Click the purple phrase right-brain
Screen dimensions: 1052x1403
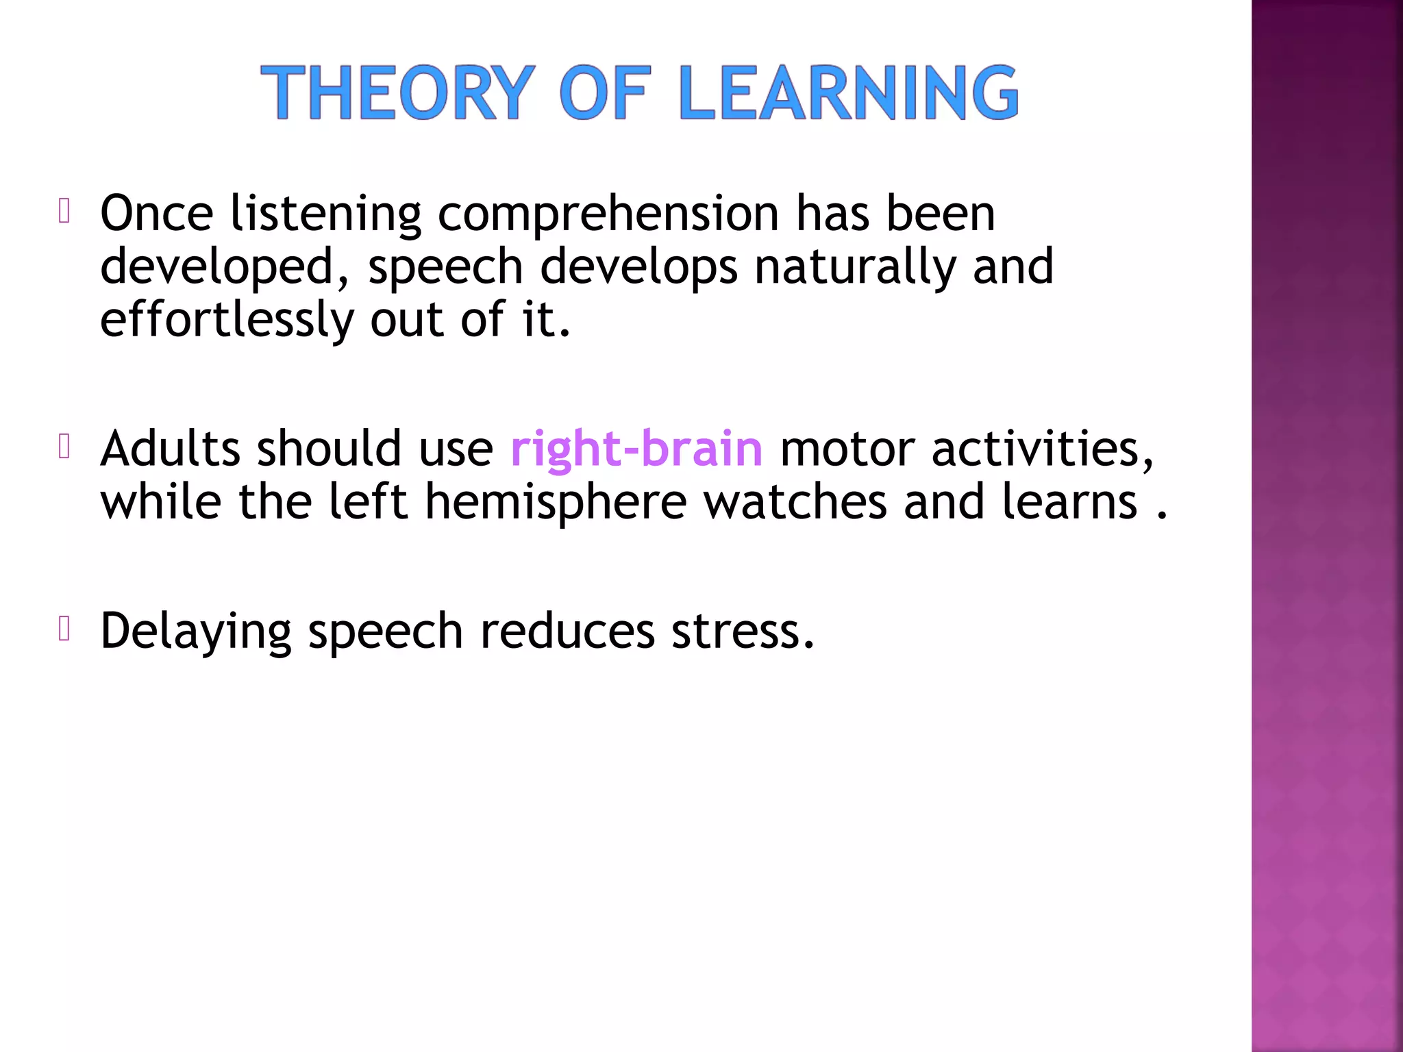coord(636,450)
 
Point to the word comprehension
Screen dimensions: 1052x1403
coord(608,214)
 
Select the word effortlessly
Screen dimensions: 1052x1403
coord(227,320)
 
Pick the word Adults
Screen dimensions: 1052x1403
coord(171,449)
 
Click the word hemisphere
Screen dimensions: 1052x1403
coord(556,502)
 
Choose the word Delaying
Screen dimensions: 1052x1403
coord(196,631)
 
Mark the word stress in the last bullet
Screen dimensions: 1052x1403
coord(743,631)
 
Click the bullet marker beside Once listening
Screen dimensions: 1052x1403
coord(64,212)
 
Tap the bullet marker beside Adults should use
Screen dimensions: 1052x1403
coord(64,447)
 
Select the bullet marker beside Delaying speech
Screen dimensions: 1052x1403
coord(64,629)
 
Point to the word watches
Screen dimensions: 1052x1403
coord(795,502)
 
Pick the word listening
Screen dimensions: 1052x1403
coord(325,214)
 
